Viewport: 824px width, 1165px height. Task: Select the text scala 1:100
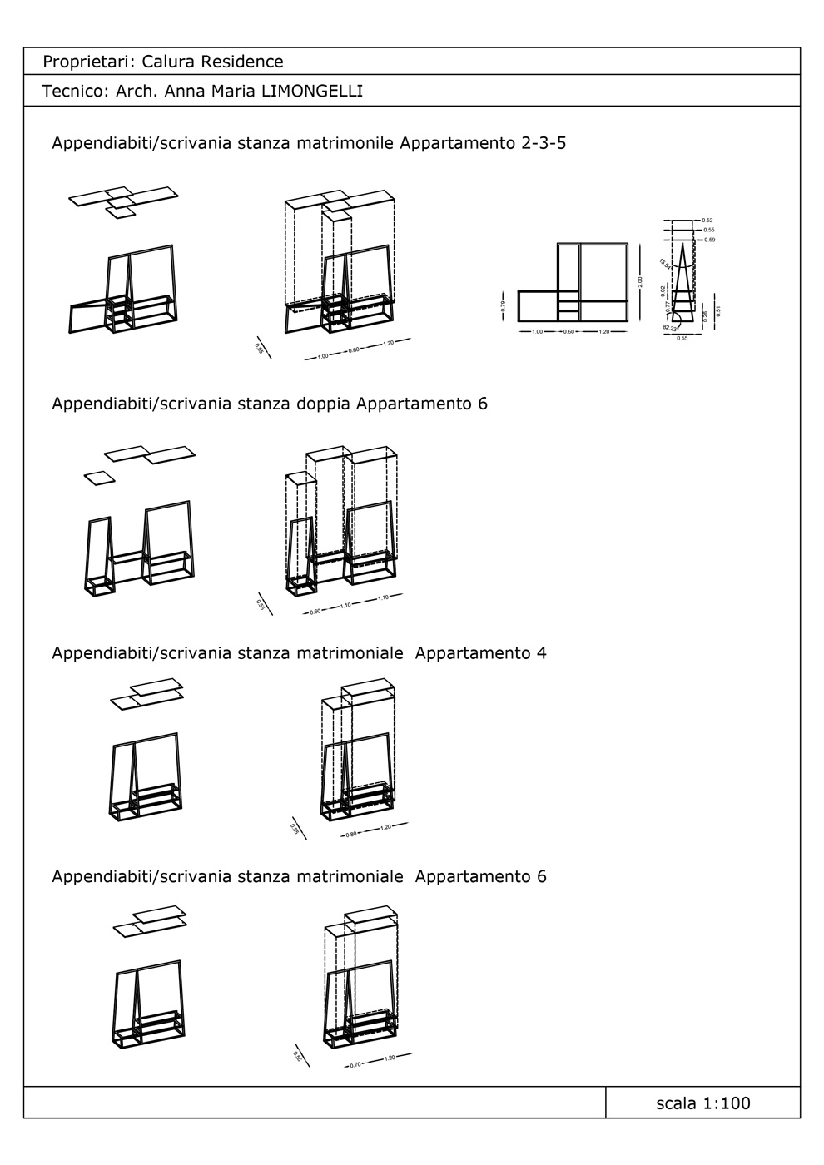702,1103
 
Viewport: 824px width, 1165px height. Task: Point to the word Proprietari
87,62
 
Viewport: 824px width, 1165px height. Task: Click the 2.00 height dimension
639,283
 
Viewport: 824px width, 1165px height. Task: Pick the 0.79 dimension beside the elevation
504,305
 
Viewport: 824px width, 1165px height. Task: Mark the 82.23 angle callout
670,328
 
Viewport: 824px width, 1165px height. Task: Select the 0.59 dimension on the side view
709,240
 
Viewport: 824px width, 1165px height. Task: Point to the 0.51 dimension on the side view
718,311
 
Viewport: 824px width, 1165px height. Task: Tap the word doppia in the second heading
323,404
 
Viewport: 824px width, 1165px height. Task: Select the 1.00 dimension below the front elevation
537,332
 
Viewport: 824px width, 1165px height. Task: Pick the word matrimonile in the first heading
345,143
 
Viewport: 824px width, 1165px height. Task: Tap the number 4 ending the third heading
541,653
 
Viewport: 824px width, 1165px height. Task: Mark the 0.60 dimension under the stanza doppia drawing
315,612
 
